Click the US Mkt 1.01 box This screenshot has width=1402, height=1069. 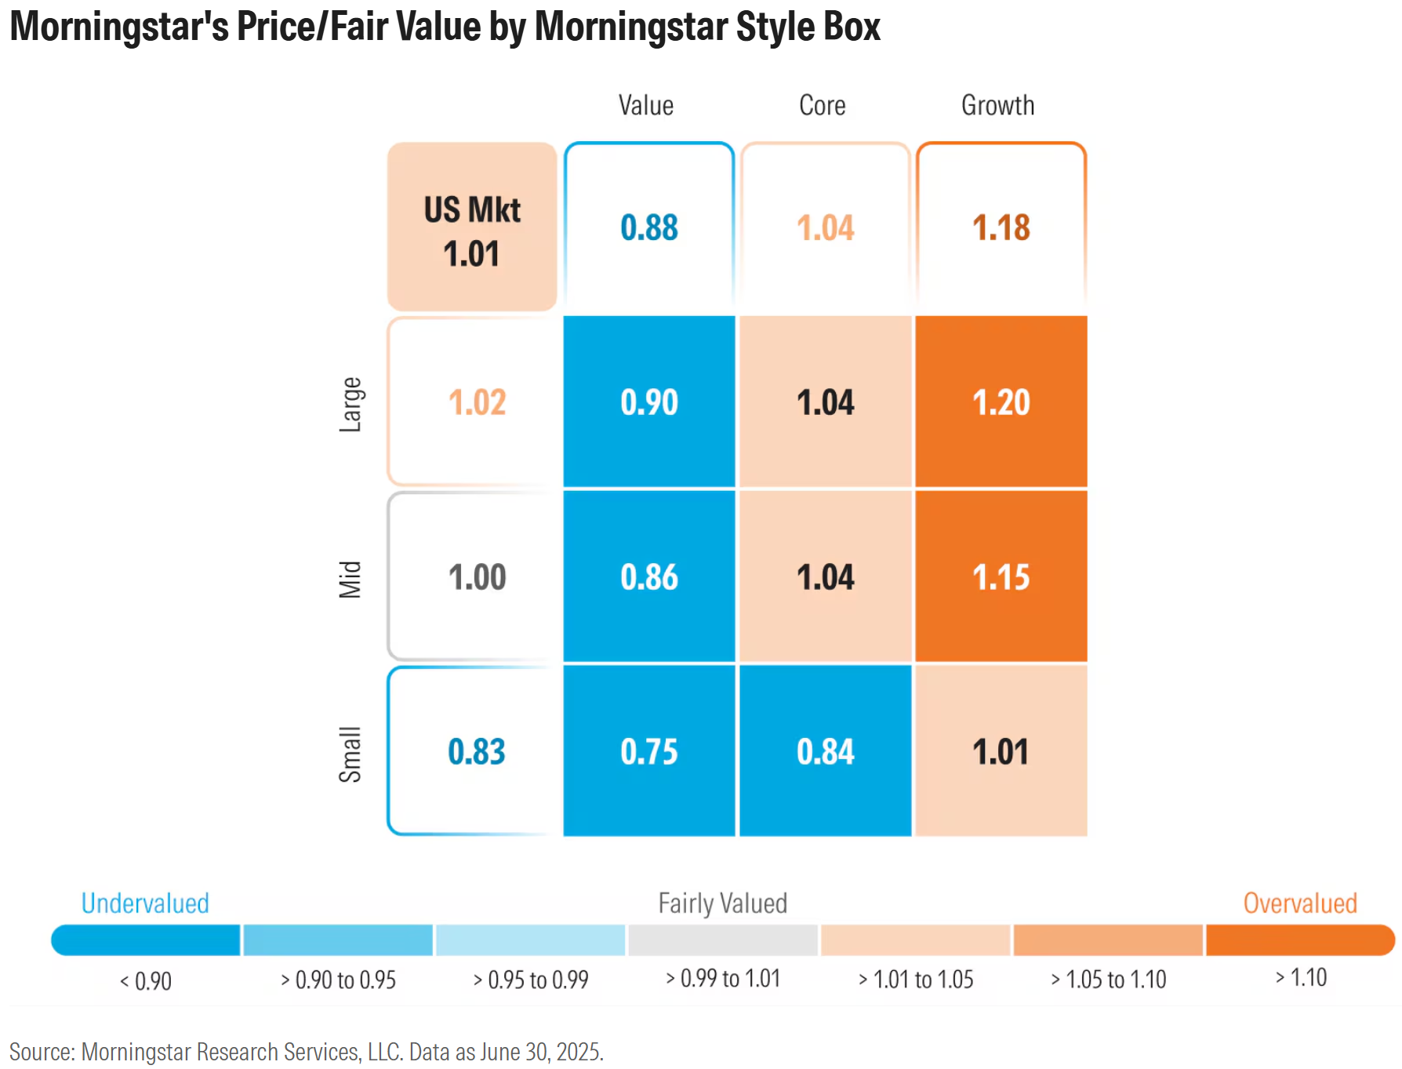[472, 227]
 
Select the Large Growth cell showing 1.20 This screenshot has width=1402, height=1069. [1001, 402]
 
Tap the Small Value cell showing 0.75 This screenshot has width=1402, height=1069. [649, 751]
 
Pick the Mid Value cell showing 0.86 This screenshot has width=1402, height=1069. [649, 576]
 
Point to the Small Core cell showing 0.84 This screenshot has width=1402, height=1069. [825, 751]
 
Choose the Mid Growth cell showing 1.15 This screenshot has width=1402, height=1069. [1001, 576]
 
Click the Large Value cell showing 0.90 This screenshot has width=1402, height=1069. [649, 402]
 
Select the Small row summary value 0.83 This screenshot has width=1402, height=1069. [476, 751]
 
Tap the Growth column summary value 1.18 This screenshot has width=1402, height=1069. [1001, 227]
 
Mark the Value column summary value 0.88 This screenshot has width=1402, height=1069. [649, 227]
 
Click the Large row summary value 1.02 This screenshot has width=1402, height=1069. [477, 402]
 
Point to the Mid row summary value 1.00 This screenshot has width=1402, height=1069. [477, 576]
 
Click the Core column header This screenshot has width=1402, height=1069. [823, 105]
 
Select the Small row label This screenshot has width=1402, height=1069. [350, 754]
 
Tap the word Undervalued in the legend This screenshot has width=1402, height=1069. [145, 904]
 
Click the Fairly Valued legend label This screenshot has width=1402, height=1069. [722, 904]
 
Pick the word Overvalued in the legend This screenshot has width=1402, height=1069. [1300, 904]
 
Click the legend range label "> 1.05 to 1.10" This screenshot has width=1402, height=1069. [1108, 980]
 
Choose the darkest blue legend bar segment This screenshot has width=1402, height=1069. [146, 940]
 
